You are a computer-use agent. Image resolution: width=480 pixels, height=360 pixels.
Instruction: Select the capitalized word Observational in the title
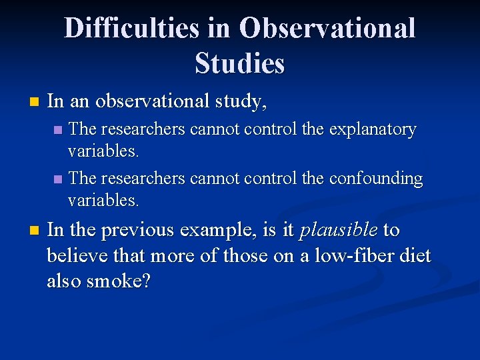(327, 28)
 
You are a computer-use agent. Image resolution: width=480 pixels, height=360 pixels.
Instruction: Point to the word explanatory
(371, 129)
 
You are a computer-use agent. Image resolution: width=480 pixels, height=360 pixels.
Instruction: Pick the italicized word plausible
(339, 230)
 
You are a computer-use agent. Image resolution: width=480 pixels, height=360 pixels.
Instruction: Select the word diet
(414, 255)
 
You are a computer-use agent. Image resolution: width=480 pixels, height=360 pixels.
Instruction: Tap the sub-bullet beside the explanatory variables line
(58, 130)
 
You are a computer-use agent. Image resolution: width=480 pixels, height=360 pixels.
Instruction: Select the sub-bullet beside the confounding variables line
(58, 179)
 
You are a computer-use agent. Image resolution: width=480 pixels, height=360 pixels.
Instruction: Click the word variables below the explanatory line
(103, 151)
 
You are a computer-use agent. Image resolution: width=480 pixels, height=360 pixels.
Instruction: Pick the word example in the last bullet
(221, 230)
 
